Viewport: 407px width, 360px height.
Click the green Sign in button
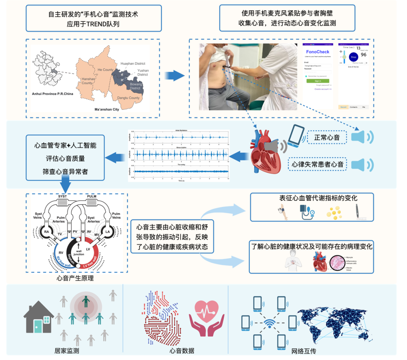click(318, 81)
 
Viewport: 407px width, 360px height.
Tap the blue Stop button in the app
click(353, 57)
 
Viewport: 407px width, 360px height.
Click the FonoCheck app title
click(317, 52)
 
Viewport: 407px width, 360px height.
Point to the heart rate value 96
click(363, 55)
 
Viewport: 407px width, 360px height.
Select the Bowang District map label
click(136, 86)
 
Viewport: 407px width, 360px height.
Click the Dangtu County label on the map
click(129, 98)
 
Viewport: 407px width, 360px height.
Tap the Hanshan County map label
click(87, 81)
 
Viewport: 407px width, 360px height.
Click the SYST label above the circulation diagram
click(63, 197)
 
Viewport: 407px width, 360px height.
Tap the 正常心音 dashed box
click(327, 138)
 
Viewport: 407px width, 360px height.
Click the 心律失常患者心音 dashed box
click(317, 164)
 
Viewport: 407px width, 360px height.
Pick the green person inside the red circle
click(86, 301)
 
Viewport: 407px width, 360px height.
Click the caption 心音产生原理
click(75, 279)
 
